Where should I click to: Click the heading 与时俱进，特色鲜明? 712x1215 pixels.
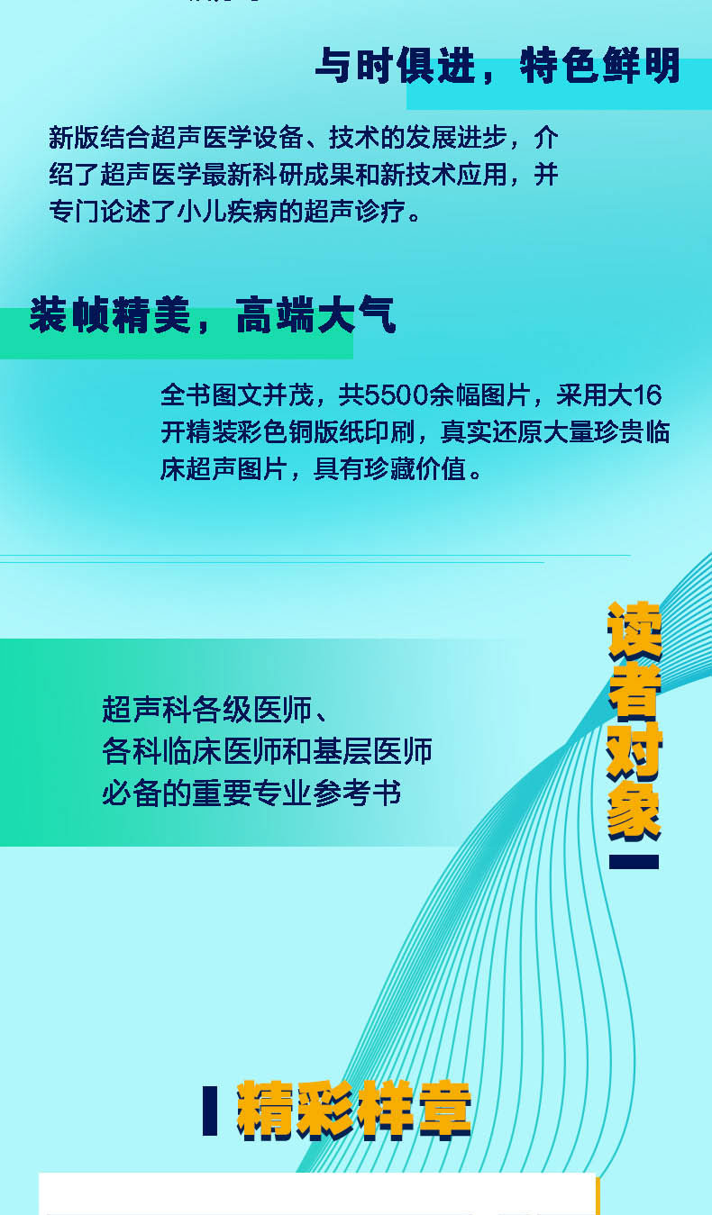497,66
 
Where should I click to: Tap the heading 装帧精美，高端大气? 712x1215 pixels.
212,314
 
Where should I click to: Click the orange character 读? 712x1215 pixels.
634,630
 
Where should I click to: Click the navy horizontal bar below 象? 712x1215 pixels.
634,862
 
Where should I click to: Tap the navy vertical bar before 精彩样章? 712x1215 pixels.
210,1111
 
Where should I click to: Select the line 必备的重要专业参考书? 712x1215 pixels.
251,793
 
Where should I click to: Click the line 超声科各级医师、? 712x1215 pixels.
215,709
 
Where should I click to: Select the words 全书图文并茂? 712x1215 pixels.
237,394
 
